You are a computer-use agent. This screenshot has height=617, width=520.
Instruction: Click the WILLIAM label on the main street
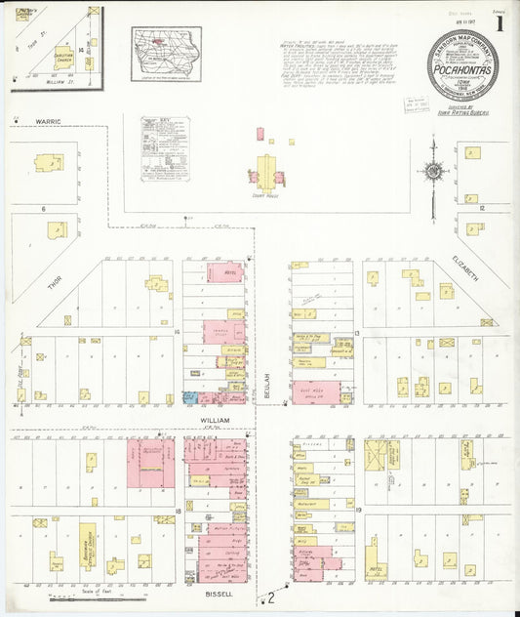215,420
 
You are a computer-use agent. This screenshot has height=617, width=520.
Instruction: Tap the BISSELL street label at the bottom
218,593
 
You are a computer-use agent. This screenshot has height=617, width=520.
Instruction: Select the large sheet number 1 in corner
500,23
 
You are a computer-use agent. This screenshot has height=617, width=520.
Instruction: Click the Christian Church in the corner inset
63,58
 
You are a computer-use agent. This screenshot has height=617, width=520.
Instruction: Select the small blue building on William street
188,398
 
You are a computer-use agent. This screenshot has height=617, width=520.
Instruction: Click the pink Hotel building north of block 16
231,272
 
